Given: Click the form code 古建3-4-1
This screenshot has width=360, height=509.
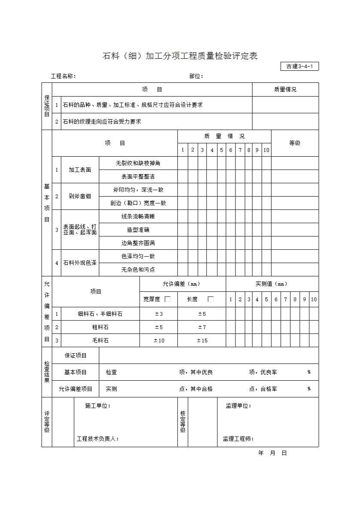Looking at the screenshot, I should (x=299, y=66).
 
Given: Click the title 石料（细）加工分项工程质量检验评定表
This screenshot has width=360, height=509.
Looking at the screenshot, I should (x=180, y=56).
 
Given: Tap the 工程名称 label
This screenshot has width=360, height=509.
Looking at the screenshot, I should (x=63, y=76).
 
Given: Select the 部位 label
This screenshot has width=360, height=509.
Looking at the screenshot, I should (x=196, y=76).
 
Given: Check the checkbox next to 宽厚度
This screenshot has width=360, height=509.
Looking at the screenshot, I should (x=168, y=299).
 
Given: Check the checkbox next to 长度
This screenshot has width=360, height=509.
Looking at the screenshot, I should (x=211, y=299).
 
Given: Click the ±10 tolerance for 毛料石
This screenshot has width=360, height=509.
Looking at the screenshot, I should (x=159, y=340).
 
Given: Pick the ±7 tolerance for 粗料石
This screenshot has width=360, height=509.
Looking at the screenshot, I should (x=202, y=327).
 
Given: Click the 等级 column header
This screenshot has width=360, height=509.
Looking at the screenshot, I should (x=295, y=143).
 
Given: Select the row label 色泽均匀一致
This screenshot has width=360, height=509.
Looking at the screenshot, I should (x=138, y=256).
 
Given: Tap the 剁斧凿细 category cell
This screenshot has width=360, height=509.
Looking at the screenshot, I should (x=80, y=196).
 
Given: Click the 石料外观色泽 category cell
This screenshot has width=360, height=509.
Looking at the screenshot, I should (x=80, y=263).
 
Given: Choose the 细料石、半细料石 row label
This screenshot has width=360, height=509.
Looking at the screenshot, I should (x=100, y=314).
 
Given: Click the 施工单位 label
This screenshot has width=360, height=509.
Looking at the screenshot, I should (x=98, y=406).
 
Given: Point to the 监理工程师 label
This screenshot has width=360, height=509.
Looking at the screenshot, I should (x=238, y=439).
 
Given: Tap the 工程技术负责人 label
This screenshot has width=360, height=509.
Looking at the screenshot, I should (x=98, y=439).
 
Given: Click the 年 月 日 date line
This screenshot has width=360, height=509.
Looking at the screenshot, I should (x=272, y=453).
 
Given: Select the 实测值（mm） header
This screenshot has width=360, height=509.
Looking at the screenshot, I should (x=272, y=284).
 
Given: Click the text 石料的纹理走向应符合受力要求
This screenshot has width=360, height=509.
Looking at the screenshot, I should (x=102, y=121).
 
